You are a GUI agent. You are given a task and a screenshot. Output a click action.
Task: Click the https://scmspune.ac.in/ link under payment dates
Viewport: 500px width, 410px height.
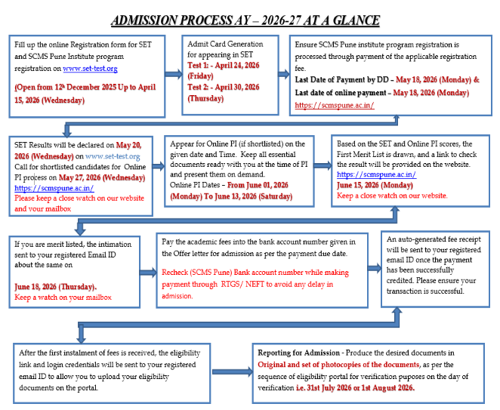pyautogui.click(x=334, y=105)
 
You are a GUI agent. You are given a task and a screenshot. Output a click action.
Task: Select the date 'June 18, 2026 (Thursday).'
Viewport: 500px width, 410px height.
pyautogui.click(x=55, y=287)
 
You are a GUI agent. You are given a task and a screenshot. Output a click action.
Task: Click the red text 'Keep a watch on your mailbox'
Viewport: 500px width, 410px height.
pyautogui.click(x=63, y=297)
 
